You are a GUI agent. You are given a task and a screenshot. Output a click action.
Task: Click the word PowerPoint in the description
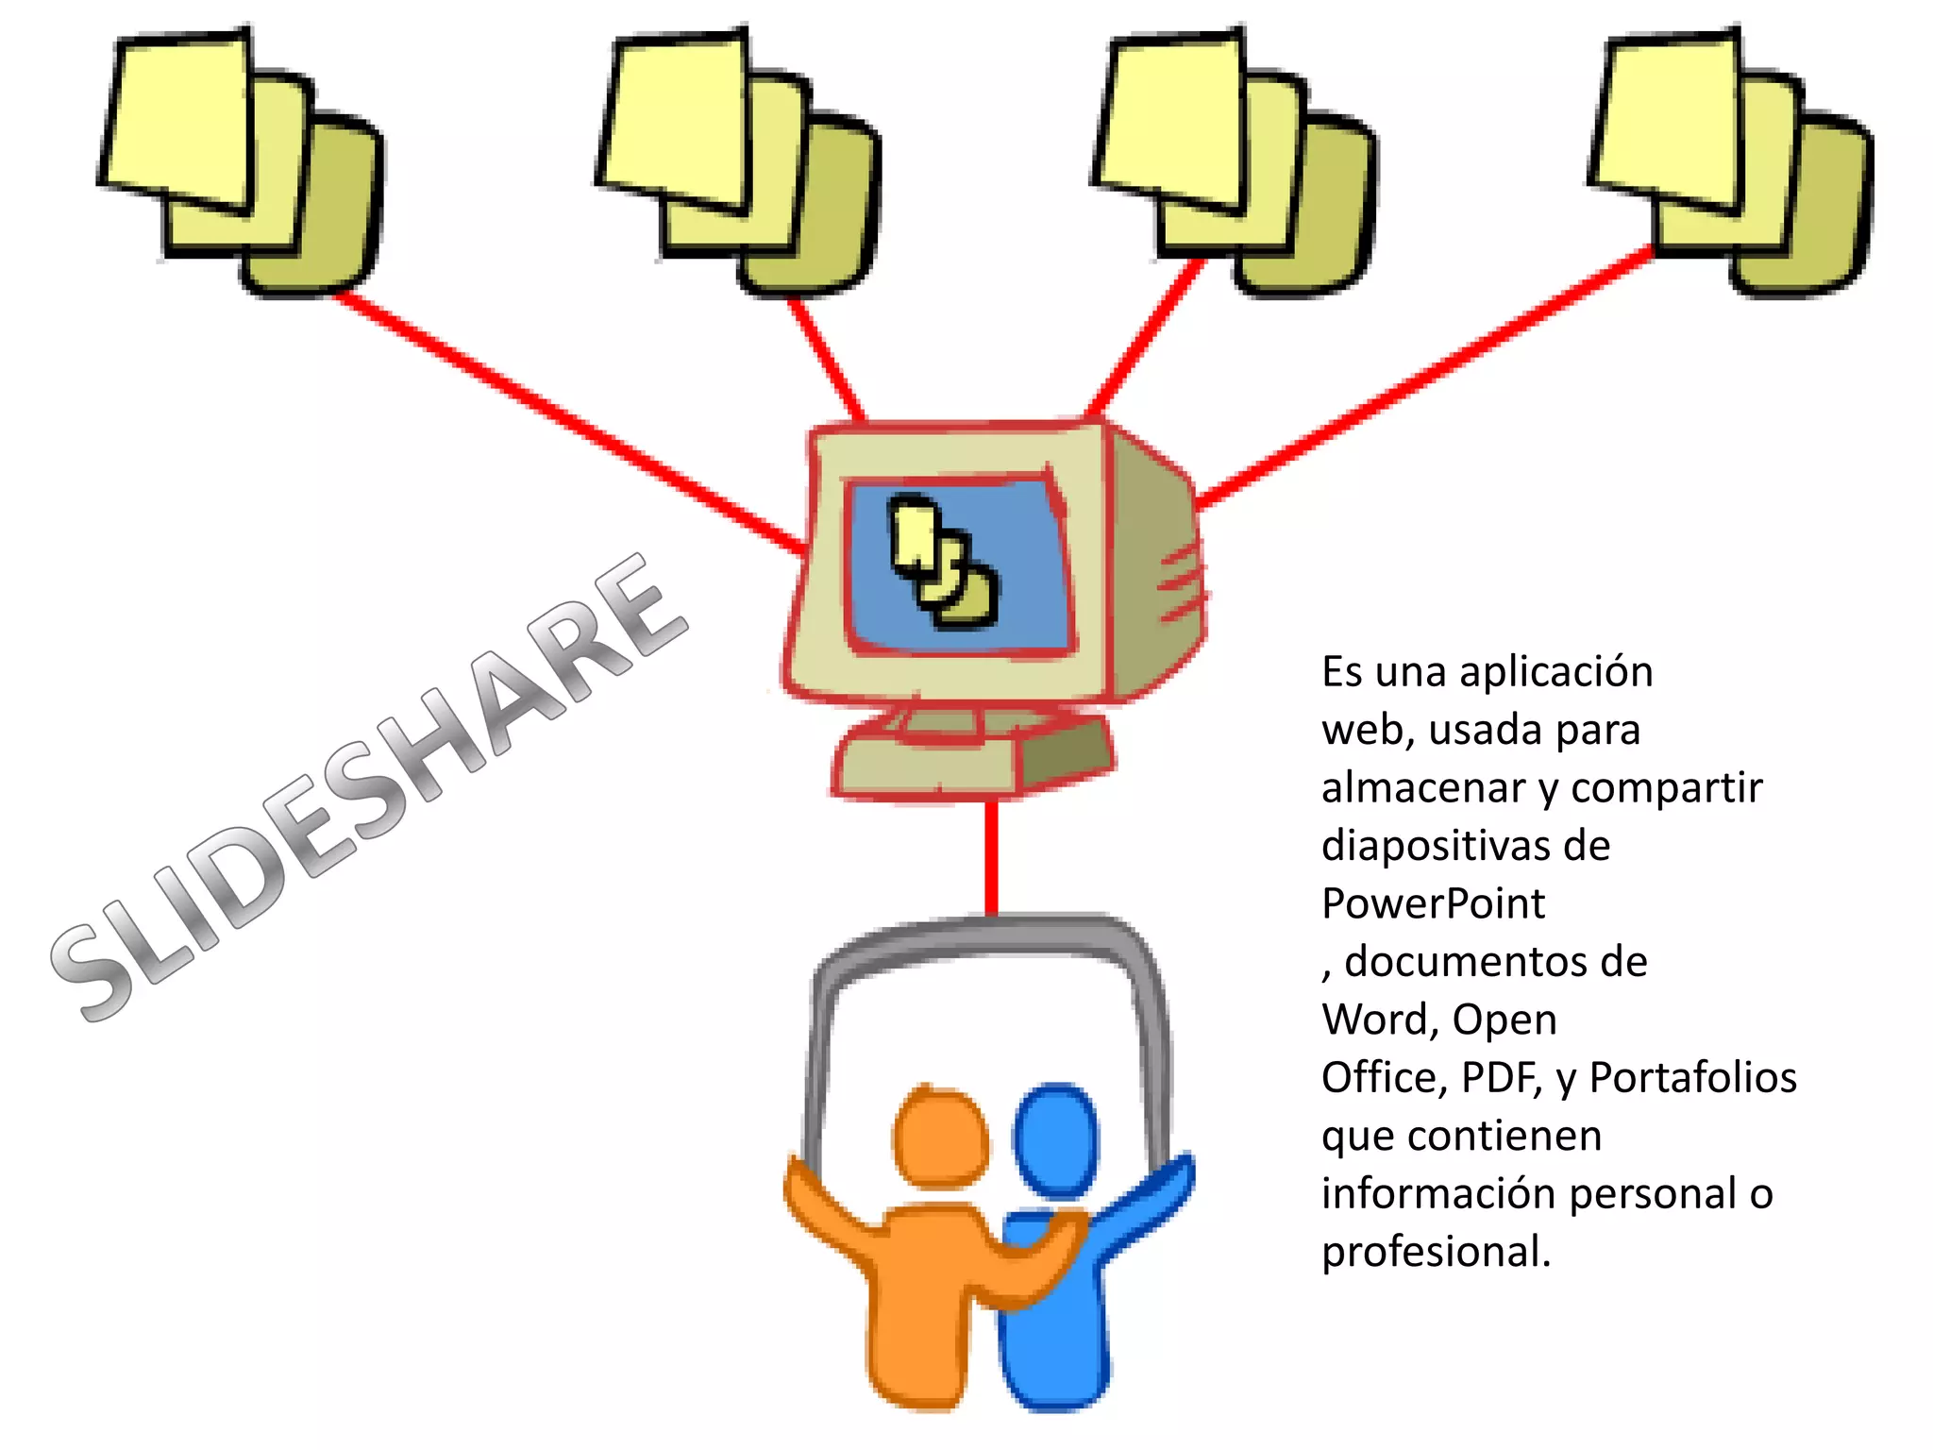[x=1433, y=904]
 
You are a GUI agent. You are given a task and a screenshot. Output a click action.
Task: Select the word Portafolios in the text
[x=1692, y=1078]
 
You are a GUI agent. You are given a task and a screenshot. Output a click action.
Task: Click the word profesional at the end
[x=1435, y=1253]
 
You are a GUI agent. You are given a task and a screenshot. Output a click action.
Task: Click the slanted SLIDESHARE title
[x=368, y=788]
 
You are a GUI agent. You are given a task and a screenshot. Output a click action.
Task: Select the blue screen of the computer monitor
[x=958, y=566]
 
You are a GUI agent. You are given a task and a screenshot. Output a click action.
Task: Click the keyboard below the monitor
[x=972, y=755]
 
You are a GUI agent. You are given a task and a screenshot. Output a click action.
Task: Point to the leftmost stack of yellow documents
[x=241, y=160]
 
